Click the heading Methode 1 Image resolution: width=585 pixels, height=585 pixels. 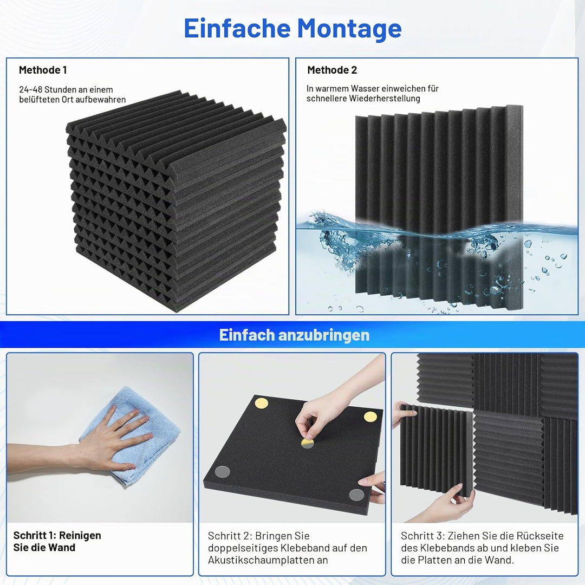(x=43, y=70)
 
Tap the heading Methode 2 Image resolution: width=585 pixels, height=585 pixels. (x=332, y=70)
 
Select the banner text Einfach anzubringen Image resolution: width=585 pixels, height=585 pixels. (x=294, y=335)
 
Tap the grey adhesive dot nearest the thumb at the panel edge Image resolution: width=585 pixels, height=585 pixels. (x=356, y=495)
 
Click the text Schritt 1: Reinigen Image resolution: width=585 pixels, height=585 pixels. (x=57, y=535)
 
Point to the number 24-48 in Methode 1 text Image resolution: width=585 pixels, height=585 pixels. (x=30, y=89)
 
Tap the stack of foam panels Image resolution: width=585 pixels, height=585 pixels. (x=175, y=201)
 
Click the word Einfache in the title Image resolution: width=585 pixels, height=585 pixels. (x=237, y=28)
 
